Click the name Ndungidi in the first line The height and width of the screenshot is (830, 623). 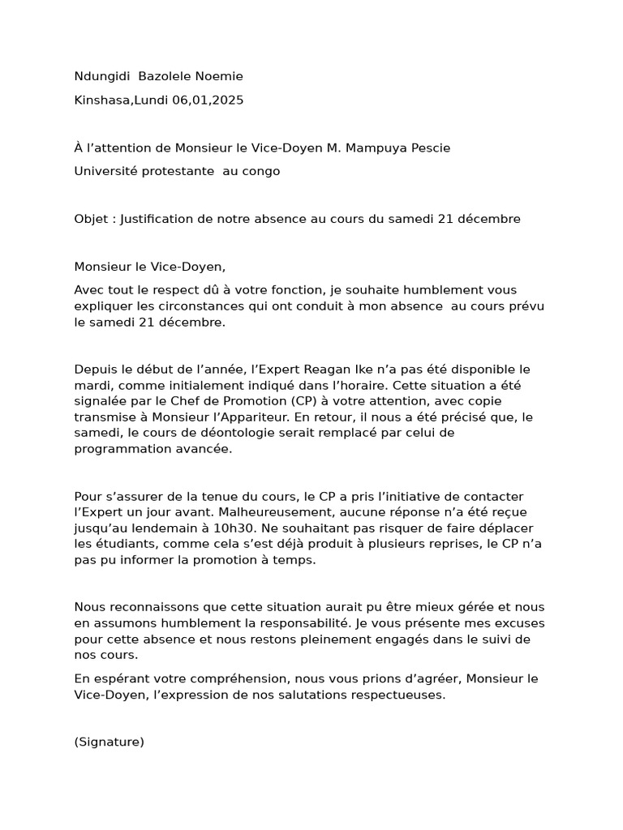click(102, 76)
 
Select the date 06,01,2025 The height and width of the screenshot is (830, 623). click(208, 101)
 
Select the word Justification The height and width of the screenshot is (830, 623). click(161, 219)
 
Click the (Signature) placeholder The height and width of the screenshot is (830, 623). click(109, 741)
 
